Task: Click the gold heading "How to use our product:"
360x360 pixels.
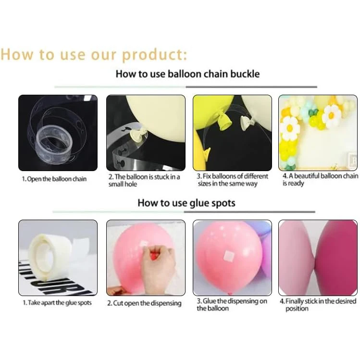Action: (94, 55)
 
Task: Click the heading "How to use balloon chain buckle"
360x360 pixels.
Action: (187, 74)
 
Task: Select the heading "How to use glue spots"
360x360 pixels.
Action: (186, 203)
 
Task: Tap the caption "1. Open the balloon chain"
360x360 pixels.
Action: (54, 179)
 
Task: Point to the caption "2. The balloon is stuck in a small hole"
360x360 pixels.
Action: (144, 180)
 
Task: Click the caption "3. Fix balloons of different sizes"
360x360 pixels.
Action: (232, 180)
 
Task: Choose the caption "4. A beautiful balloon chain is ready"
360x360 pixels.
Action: (320, 180)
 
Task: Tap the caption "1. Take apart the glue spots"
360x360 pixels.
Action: (57, 303)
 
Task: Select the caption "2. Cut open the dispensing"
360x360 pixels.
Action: (144, 303)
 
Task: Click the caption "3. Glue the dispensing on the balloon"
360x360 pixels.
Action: (232, 304)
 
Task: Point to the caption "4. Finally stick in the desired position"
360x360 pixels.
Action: (318, 304)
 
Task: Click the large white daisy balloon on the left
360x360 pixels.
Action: (290, 129)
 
